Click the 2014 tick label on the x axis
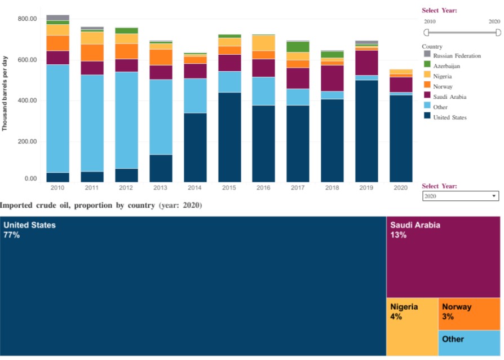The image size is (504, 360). click(x=195, y=187)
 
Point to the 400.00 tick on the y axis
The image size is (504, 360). click(x=27, y=100)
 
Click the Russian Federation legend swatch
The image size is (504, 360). click(x=427, y=55)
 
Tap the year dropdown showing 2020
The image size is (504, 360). click(x=460, y=196)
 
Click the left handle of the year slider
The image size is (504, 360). click(x=426, y=33)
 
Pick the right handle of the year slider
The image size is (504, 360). click(x=498, y=33)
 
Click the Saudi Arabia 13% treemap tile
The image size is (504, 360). click(x=443, y=257)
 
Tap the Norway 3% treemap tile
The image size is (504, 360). click(x=468, y=314)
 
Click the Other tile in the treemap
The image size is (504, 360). click(x=468, y=343)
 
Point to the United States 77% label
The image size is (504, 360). click(x=30, y=230)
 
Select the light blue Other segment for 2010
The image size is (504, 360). click(x=58, y=118)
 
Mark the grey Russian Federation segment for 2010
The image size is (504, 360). click(x=58, y=17)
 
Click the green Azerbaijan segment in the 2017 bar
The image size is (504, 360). click(x=298, y=47)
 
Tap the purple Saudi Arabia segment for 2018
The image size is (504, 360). click(x=333, y=78)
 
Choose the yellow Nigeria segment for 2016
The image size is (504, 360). click(x=264, y=43)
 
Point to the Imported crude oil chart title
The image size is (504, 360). click(x=101, y=205)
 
